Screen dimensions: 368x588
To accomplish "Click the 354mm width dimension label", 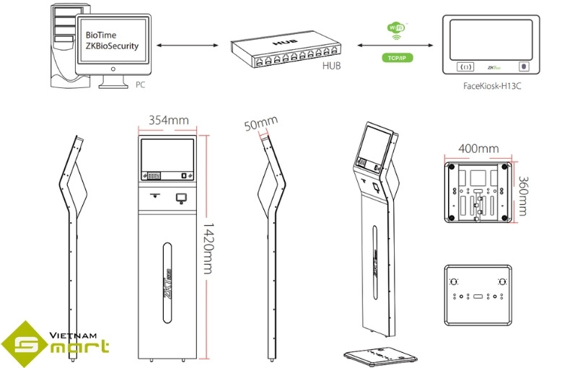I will pos(167,120).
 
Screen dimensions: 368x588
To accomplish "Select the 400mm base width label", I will pos(478,149).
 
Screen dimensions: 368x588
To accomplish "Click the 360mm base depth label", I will pos(525,196).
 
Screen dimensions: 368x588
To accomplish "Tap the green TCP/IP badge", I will pos(396,57).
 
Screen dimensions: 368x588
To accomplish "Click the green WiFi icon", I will pos(396,28).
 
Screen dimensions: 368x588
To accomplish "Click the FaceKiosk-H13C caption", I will pos(493,85).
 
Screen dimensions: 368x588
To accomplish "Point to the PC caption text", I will pos(141,84).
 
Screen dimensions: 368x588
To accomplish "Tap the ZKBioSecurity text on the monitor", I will pos(112,45).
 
